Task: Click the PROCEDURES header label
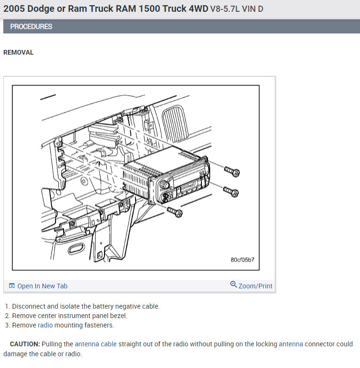point(31,26)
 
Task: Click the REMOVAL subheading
point(18,52)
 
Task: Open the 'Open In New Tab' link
point(42,286)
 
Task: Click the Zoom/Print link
point(256,286)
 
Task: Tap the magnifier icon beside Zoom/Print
point(233,285)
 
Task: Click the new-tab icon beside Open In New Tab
point(12,286)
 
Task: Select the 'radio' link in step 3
point(45,325)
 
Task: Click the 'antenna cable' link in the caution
point(96,344)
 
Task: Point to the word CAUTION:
point(25,344)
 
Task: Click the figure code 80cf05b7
point(242,260)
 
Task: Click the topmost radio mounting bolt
point(232,172)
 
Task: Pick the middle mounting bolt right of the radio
point(231,192)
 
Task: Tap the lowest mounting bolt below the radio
point(175,212)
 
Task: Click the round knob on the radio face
point(165,184)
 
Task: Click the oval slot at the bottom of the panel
point(76,248)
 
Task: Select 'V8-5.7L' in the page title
point(225,9)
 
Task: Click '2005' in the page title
point(14,8)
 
